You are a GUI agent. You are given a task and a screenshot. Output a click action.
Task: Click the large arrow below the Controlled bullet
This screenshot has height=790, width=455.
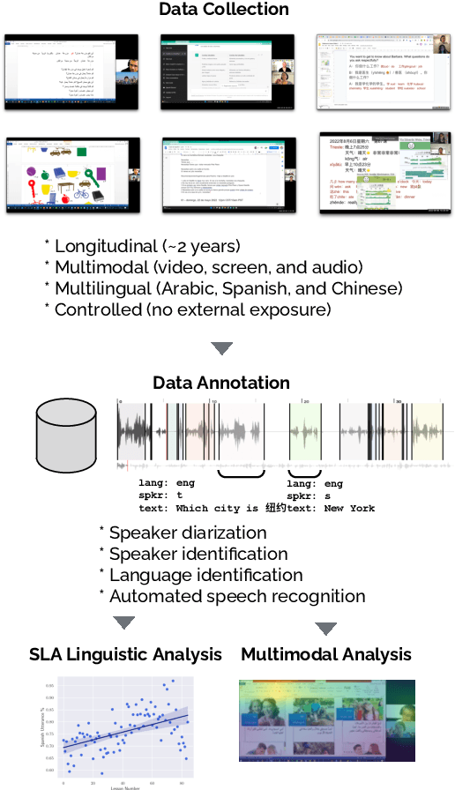pyautogui.click(x=222, y=347)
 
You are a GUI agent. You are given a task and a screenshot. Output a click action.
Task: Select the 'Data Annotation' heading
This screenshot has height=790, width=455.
pyautogui.click(x=221, y=383)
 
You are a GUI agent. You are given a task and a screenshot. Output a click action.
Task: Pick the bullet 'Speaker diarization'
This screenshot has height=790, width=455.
pyautogui.click(x=190, y=533)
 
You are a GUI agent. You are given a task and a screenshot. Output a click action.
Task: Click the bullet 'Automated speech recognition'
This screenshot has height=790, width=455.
pyautogui.click(x=236, y=596)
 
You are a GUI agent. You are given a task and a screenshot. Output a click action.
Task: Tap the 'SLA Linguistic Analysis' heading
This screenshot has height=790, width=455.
pyautogui.click(x=125, y=654)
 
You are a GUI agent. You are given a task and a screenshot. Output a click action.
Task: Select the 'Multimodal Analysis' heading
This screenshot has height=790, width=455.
pyautogui.click(x=326, y=654)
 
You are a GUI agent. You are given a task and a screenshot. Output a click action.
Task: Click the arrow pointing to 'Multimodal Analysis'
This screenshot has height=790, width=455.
pyautogui.click(x=326, y=629)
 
